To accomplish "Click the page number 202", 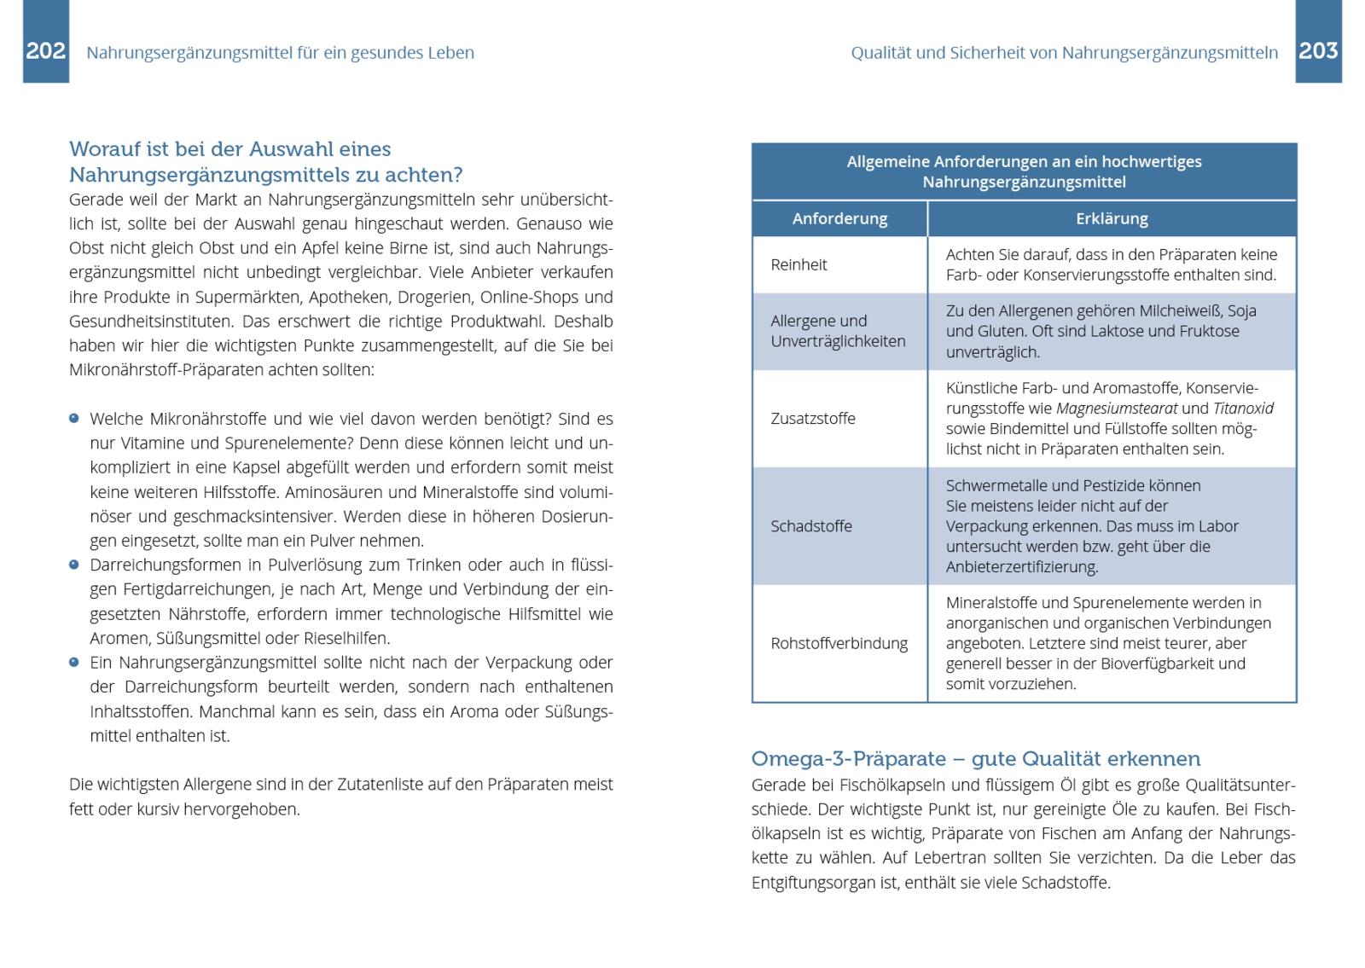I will (45, 51).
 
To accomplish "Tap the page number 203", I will (1318, 51).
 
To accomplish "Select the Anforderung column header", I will (839, 219).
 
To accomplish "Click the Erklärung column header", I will (1112, 219).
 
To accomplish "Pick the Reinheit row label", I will (799, 264).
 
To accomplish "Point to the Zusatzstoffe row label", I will (812, 419).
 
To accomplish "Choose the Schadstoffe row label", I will (810, 526).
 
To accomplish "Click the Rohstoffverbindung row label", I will (839, 643).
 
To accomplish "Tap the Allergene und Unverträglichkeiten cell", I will (838, 331).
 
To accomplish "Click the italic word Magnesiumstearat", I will (1117, 409).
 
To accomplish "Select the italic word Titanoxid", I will (1243, 409).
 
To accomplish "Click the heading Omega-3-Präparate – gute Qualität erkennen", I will (975, 759).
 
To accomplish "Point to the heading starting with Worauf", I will (265, 162).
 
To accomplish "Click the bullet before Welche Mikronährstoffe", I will (74, 419).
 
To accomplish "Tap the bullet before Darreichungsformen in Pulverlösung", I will (74, 565).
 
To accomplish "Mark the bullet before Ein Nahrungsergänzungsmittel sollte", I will (74, 662).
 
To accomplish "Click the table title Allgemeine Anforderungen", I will (1024, 171).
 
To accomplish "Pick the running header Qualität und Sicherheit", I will (1064, 53).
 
